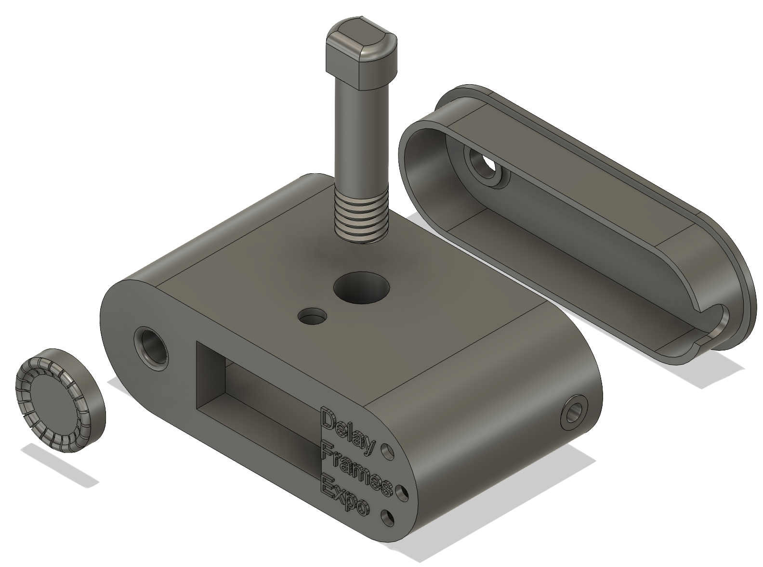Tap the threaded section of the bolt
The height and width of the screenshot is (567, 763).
pyautogui.click(x=361, y=214)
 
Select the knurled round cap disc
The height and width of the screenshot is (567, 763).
pyautogui.click(x=60, y=400)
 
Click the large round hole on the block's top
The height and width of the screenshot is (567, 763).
pyautogui.click(x=362, y=288)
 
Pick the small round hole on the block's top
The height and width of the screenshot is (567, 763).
pyautogui.click(x=312, y=317)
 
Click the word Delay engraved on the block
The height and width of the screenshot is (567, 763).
pyautogui.click(x=347, y=430)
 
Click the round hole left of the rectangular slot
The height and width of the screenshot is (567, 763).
pyautogui.click(x=151, y=348)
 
